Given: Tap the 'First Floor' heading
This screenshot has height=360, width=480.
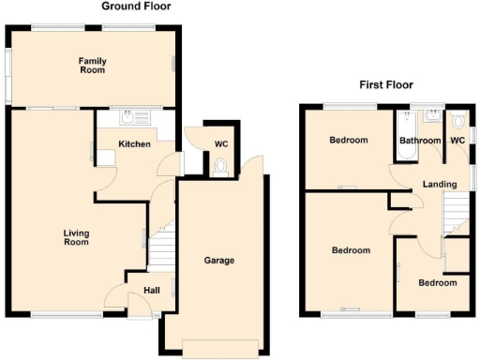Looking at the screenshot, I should click(386, 84).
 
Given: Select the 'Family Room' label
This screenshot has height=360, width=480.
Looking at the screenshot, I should click(92, 66).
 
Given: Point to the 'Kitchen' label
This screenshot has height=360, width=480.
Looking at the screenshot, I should click(134, 143).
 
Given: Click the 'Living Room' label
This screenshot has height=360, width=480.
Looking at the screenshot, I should click(76, 237).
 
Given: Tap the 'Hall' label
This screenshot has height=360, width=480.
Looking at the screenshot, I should click(151, 291).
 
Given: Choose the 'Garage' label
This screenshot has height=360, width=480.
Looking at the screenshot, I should click(219, 261).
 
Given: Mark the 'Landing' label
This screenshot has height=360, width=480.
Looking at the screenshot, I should click(440, 184).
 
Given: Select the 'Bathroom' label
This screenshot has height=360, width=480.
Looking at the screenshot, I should click(419, 141).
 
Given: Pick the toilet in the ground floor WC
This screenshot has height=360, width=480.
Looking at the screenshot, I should click(220, 167).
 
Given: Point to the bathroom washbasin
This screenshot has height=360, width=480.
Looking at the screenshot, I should click(433, 117).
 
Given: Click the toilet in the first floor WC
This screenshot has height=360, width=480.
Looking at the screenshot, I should click(457, 122).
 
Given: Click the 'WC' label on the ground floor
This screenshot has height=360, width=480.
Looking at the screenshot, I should click(221, 143).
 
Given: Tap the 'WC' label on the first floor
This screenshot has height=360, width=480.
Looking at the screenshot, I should click(457, 141).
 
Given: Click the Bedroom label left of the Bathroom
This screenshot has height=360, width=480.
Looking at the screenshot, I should click(348, 141).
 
